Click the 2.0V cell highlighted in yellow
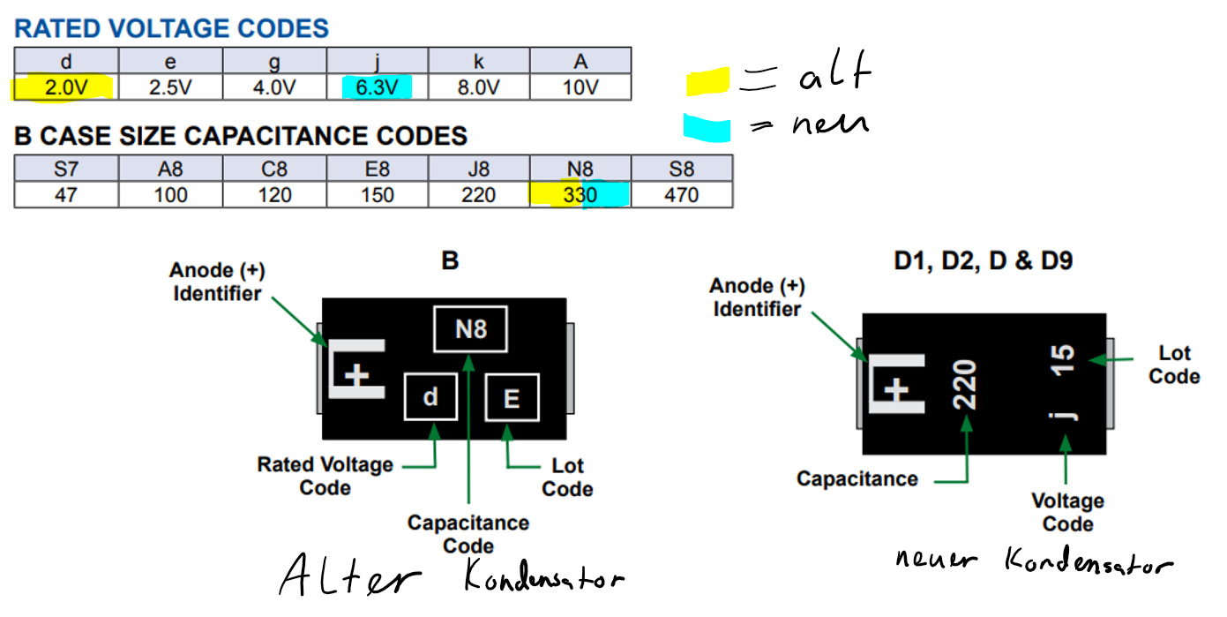[65, 87]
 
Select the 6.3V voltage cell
[377, 87]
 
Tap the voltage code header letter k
[479, 62]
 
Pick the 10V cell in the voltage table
[580, 87]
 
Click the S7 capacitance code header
[65, 169]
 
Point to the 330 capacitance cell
[580, 194]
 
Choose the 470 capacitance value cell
[681, 194]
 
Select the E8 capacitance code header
[377, 169]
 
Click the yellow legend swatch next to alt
[707, 80]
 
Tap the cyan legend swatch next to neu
[707, 128]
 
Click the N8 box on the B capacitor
[470, 329]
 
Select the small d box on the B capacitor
[430, 396]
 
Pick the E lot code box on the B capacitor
[512, 399]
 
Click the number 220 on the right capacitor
[965, 384]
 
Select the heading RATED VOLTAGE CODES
[171, 28]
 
